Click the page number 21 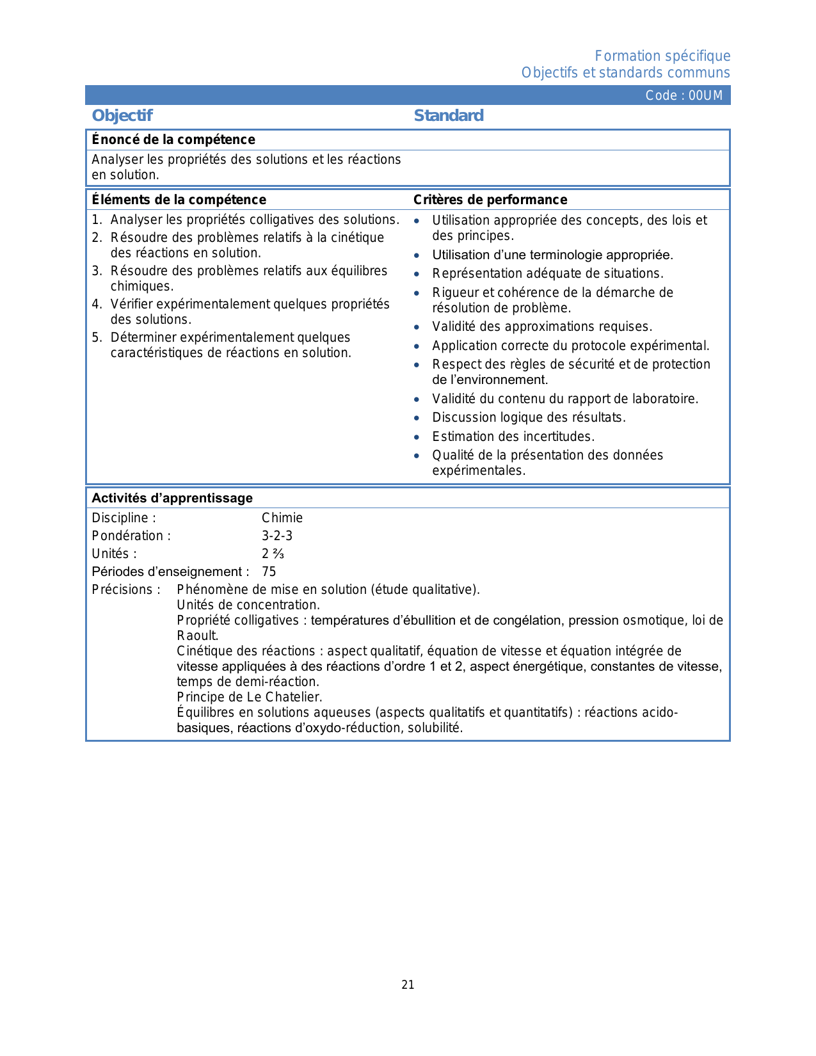click(x=408, y=985)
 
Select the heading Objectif click(x=122, y=115)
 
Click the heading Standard click(x=449, y=115)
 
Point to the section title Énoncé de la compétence click(x=173, y=140)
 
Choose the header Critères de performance click(x=490, y=200)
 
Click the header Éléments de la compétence click(x=179, y=200)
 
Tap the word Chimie click(x=282, y=518)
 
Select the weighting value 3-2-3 click(x=277, y=536)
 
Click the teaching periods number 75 click(x=269, y=572)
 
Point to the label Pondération click(x=131, y=536)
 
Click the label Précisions click(x=126, y=589)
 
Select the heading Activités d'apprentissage click(x=172, y=498)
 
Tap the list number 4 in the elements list click(x=96, y=304)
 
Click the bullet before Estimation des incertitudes click(x=417, y=437)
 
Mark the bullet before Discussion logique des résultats click(x=417, y=418)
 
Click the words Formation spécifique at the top click(x=662, y=56)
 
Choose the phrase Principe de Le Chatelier click(x=250, y=697)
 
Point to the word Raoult click(x=197, y=636)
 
